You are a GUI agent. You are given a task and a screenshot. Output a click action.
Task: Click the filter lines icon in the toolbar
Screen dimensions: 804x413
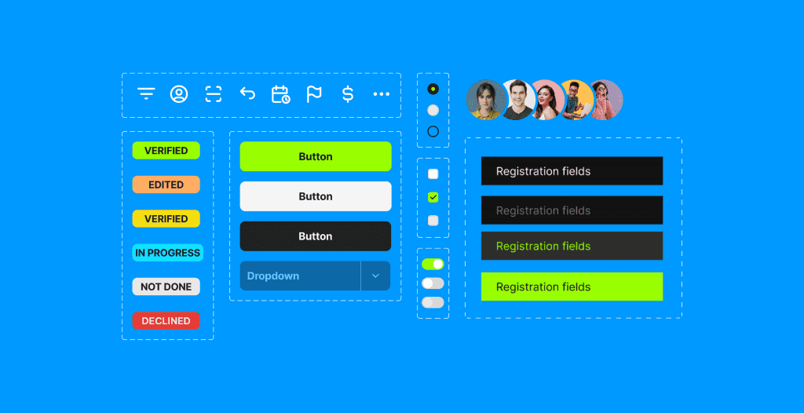click(x=146, y=94)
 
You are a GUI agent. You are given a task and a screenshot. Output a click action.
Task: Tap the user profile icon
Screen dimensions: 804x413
click(x=179, y=94)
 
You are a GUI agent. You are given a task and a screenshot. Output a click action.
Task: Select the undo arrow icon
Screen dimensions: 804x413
click(x=247, y=93)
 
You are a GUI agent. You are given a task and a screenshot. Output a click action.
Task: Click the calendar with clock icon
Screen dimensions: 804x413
click(x=280, y=94)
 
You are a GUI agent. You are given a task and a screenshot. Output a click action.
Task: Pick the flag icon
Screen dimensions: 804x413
click(x=314, y=94)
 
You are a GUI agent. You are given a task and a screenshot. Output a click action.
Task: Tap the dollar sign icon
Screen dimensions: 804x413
click(x=348, y=94)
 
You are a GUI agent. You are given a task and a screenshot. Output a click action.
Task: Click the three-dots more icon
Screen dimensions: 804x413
click(x=382, y=94)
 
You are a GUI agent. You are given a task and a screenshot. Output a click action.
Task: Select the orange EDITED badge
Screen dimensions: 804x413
click(x=166, y=185)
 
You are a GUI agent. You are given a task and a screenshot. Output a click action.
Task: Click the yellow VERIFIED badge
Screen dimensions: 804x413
click(x=166, y=218)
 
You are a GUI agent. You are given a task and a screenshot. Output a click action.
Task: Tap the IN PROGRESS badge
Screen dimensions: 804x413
click(x=168, y=253)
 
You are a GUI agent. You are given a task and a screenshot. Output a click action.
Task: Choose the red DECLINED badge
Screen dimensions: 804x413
click(x=166, y=320)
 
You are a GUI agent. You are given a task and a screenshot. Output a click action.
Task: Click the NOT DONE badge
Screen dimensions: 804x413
click(x=166, y=287)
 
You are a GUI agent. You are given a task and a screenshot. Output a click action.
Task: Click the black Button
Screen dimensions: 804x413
click(x=316, y=236)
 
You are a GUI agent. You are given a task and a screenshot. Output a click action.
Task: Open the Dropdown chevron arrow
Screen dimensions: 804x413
click(x=375, y=276)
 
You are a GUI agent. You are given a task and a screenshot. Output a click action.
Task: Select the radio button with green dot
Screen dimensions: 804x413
click(x=433, y=89)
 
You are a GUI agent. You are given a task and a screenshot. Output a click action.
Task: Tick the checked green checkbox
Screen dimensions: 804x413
click(x=433, y=197)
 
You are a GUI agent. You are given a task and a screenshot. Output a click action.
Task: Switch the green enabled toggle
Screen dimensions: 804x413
click(x=433, y=265)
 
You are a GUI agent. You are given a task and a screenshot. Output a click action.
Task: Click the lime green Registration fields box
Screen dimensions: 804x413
click(x=572, y=287)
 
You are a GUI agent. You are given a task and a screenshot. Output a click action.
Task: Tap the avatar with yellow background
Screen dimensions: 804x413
click(x=576, y=100)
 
